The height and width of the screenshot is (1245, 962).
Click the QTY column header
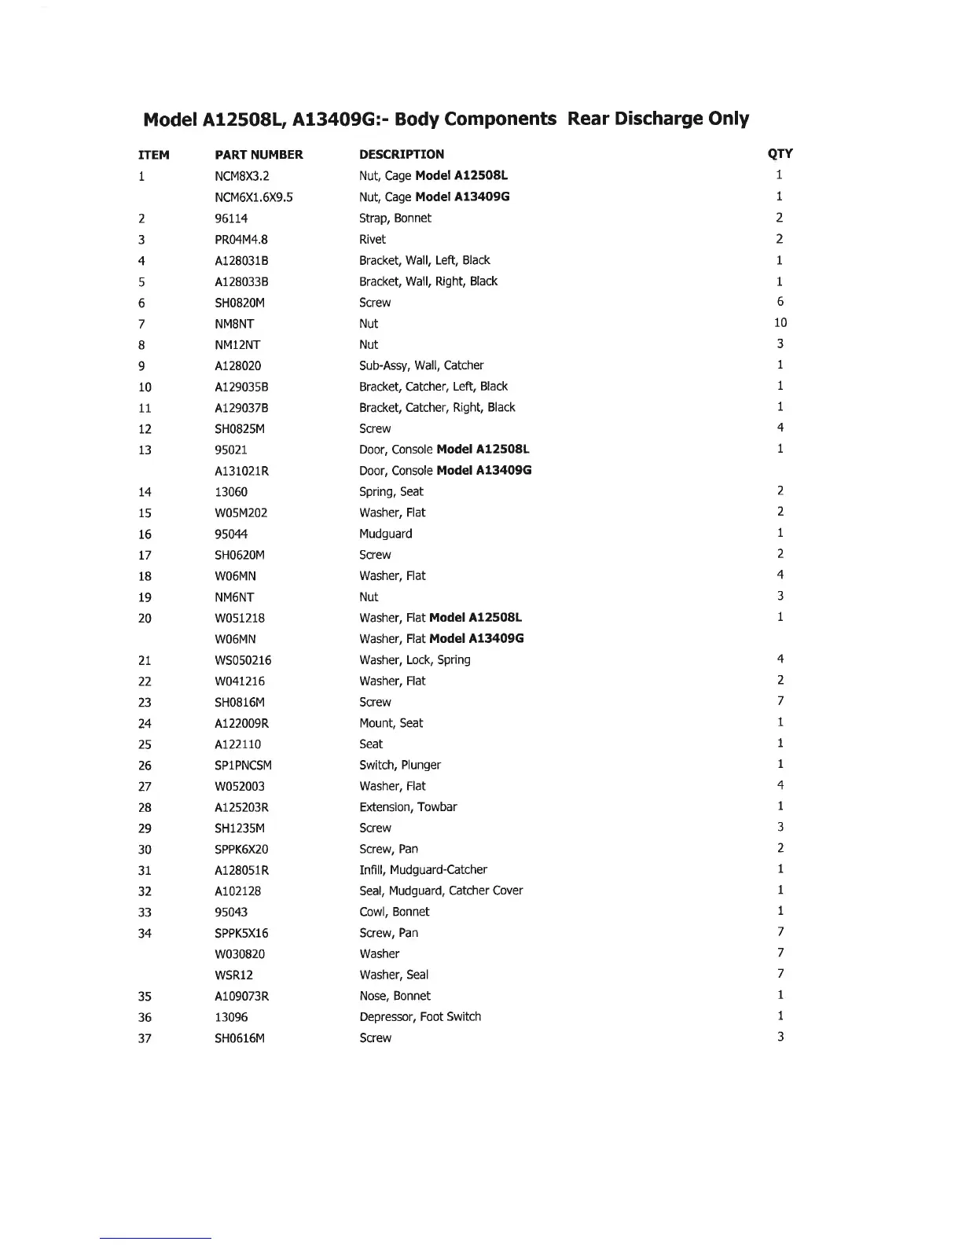pos(780,154)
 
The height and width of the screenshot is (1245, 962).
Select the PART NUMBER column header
pos(259,155)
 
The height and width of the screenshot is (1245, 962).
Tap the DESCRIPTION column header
pos(402,155)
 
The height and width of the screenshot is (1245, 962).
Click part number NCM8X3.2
pos(242,176)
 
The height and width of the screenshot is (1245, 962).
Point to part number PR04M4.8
pos(241,240)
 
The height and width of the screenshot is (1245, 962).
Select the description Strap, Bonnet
pos(395,219)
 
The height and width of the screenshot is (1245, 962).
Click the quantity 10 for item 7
pos(780,323)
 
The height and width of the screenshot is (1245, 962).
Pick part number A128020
pos(238,366)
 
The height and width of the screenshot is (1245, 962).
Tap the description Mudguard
pos(386,534)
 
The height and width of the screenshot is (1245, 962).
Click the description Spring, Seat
pos(391,492)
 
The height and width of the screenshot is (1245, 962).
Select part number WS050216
pos(243,660)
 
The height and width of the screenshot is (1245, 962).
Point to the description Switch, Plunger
pos(400,766)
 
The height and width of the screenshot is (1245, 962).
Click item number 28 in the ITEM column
pos(145,808)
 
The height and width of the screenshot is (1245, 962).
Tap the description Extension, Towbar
pos(408,807)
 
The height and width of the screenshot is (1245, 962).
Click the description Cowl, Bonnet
pos(395,913)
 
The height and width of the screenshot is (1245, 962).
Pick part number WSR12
pos(234,975)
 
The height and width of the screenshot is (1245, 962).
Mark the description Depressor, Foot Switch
pos(420,1017)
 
